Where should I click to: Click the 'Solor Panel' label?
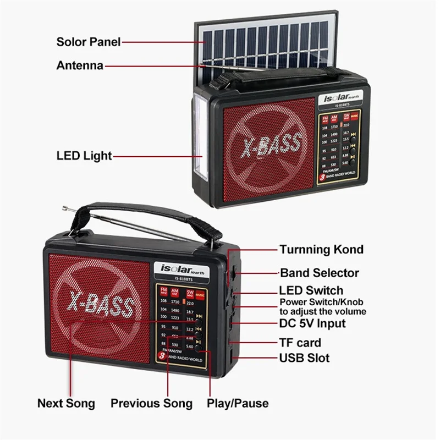(x=88, y=42)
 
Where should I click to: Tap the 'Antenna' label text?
(x=80, y=65)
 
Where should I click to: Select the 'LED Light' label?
(x=84, y=156)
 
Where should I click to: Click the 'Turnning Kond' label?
(x=321, y=249)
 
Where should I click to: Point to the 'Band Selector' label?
(x=320, y=273)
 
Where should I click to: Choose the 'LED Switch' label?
(x=311, y=290)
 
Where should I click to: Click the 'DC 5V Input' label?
(x=312, y=323)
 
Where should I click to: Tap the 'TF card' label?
(x=300, y=343)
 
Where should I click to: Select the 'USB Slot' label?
(x=305, y=358)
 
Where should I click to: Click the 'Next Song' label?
(x=66, y=403)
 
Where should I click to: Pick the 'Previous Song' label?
(x=152, y=403)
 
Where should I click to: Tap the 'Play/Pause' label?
(x=238, y=403)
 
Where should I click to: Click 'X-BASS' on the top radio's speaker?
(x=271, y=145)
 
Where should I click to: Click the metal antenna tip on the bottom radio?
(x=65, y=208)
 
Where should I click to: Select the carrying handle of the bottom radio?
(x=143, y=212)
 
